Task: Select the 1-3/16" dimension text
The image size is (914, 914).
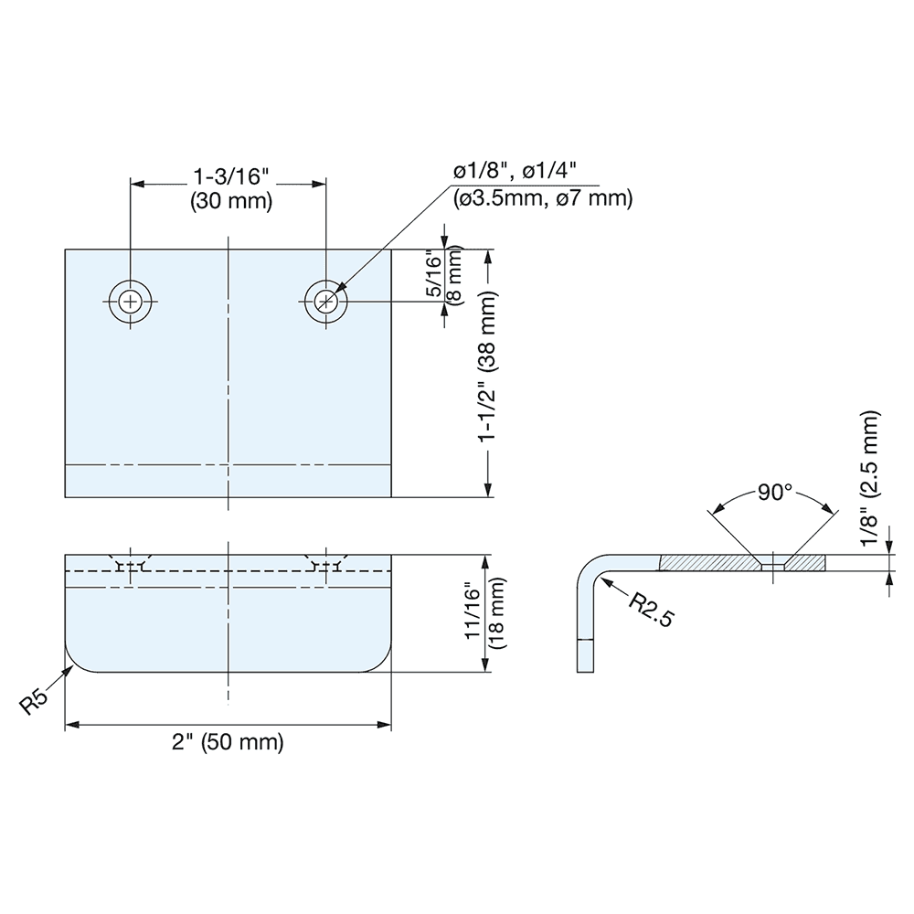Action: tap(230, 175)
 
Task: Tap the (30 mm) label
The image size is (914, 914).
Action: tap(230, 202)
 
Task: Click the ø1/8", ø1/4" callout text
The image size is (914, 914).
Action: tap(518, 172)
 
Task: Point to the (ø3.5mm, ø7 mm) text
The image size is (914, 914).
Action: tap(542, 198)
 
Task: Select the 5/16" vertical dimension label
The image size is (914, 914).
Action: tap(433, 274)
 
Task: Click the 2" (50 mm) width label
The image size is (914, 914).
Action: tap(228, 742)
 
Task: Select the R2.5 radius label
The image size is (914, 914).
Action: tap(652, 608)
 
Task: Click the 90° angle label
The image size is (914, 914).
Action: tap(774, 493)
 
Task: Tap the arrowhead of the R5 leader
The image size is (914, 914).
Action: tap(71, 668)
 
